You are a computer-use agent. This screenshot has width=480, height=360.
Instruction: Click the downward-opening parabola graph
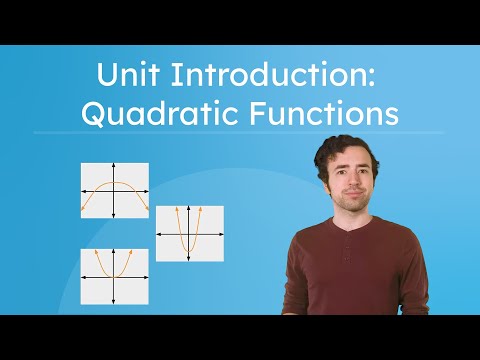(115, 190)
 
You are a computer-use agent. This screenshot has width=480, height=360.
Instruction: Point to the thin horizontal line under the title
(239, 132)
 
